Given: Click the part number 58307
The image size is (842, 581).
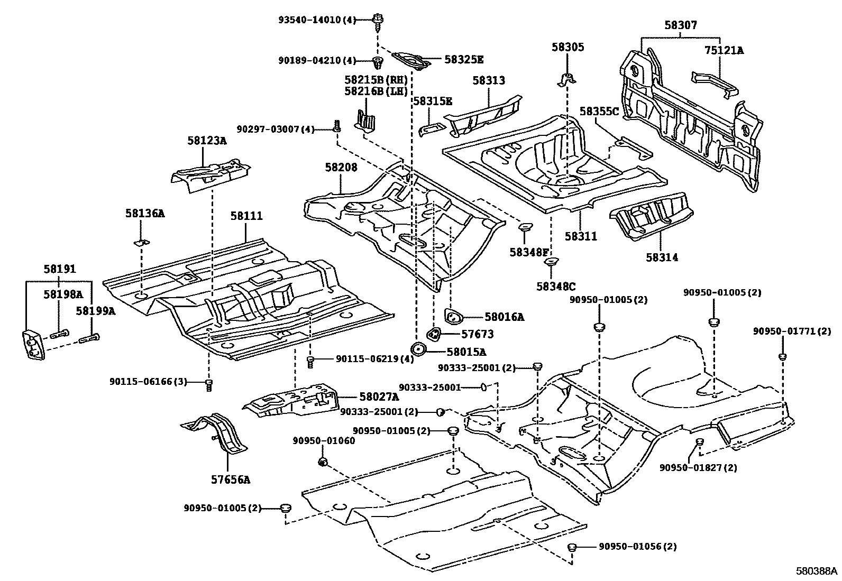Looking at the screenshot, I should pos(681,25).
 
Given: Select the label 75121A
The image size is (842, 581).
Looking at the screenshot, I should pos(724,51).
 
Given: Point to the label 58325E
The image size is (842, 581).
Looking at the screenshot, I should pos(464,60).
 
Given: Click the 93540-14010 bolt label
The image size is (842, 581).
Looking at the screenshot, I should pos(317,20).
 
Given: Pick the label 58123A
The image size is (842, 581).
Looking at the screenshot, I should pos(207,141).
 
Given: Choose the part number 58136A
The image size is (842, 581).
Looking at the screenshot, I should pos(145,214).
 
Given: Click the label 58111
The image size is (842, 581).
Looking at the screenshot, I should pos(246,216).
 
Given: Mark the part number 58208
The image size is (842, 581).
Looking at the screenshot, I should pos(341,168).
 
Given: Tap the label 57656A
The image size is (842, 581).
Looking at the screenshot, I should pos(231,480).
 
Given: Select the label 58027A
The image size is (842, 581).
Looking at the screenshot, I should pos(379,396).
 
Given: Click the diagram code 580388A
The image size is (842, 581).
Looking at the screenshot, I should pos(817,571).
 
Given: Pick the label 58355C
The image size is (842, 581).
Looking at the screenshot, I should pos(599,112).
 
